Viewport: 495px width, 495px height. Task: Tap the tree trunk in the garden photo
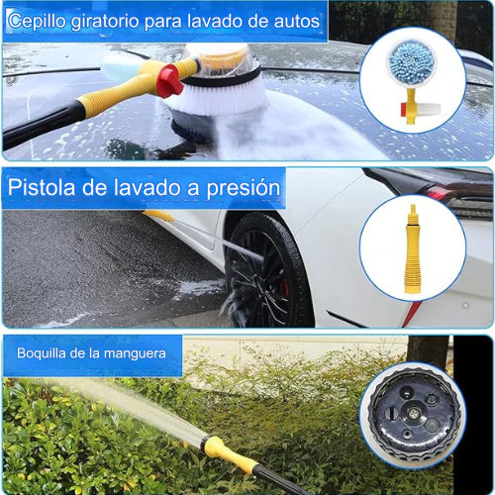428,351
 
